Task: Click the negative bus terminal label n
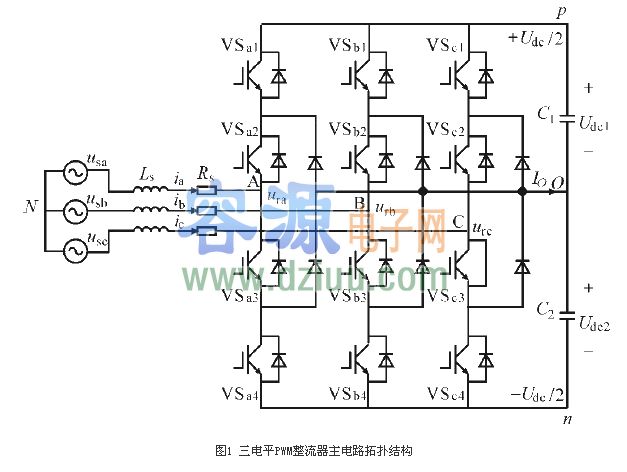567,419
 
